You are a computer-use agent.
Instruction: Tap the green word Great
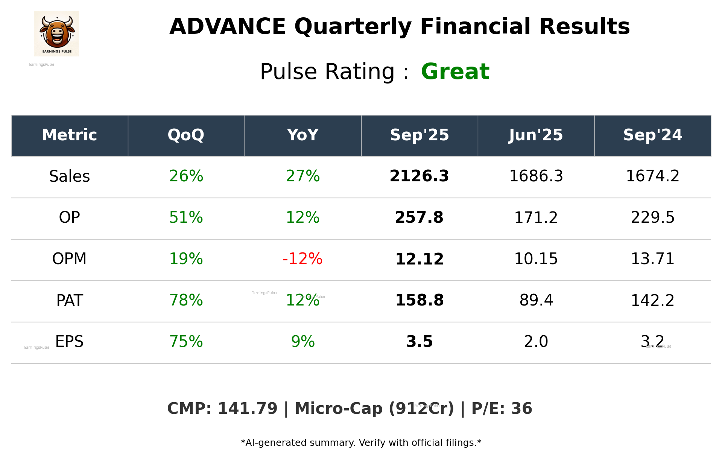(455, 71)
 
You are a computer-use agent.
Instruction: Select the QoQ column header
(186, 135)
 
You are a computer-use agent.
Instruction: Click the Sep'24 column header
(652, 135)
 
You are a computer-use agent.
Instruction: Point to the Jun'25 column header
(536, 135)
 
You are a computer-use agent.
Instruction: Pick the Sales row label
(70, 176)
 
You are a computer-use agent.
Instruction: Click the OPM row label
(70, 259)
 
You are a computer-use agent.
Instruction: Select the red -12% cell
(302, 259)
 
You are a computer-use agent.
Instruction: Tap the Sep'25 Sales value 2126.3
(419, 176)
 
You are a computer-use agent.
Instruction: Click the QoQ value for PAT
(186, 300)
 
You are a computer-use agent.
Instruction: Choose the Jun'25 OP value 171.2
(536, 217)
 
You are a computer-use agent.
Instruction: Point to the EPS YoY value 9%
(302, 342)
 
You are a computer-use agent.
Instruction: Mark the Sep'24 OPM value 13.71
(652, 259)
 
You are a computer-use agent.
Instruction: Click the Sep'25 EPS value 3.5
(419, 342)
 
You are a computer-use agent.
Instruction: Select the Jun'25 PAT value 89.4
(536, 300)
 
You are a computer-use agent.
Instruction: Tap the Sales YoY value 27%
(302, 176)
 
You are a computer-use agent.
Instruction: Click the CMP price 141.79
(247, 409)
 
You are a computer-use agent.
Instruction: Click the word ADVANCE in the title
(228, 27)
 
